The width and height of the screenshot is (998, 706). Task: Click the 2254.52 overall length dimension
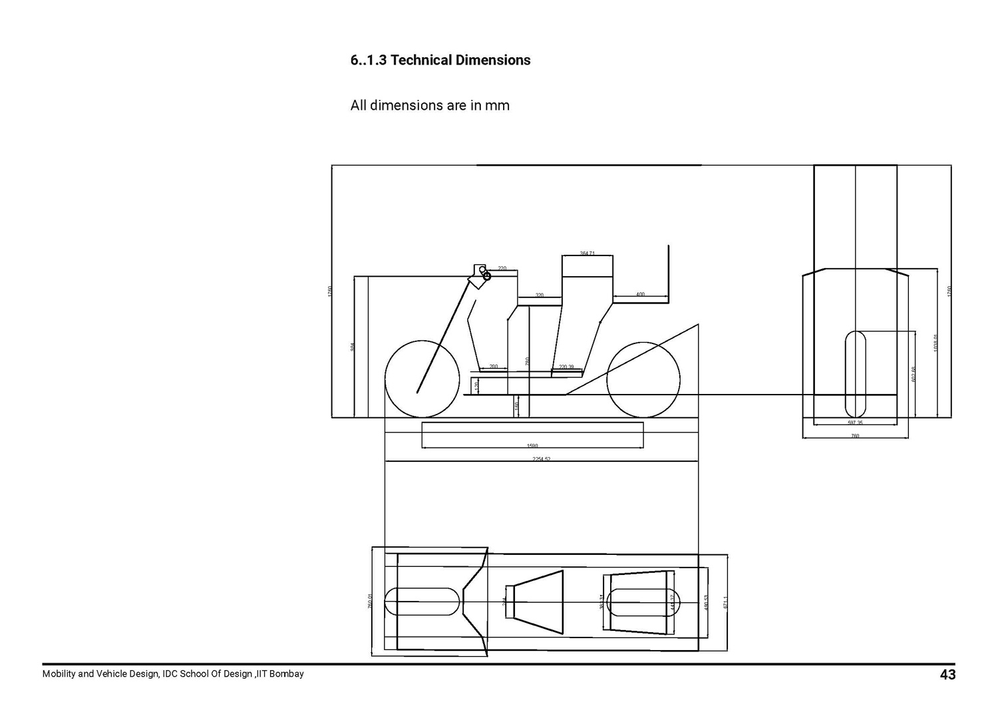[x=541, y=458]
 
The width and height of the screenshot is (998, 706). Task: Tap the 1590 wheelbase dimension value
[x=532, y=446]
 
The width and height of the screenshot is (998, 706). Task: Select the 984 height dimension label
[x=353, y=347]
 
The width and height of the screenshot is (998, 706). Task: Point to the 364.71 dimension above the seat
[x=587, y=254]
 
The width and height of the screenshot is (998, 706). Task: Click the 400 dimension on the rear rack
[x=640, y=294]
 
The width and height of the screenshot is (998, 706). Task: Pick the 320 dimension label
[x=540, y=295]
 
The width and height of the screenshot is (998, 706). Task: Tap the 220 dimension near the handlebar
[x=502, y=268]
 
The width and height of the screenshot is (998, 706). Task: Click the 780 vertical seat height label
[x=528, y=361]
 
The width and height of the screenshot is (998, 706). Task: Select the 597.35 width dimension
[x=855, y=423]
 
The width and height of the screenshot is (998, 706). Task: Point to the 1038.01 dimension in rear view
[x=935, y=343]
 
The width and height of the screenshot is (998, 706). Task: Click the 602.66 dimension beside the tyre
[x=914, y=374]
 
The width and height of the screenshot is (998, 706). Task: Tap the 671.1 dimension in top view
[x=726, y=602]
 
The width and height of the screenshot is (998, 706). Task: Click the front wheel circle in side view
[x=422, y=380]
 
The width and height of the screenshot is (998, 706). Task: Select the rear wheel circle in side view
[x=643, y=380]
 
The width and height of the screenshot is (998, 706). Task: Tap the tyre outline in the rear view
[x=855, y=373]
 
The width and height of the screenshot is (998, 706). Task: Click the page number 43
[x=947, y=675]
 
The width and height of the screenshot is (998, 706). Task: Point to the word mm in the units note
[x=497, y=105]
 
